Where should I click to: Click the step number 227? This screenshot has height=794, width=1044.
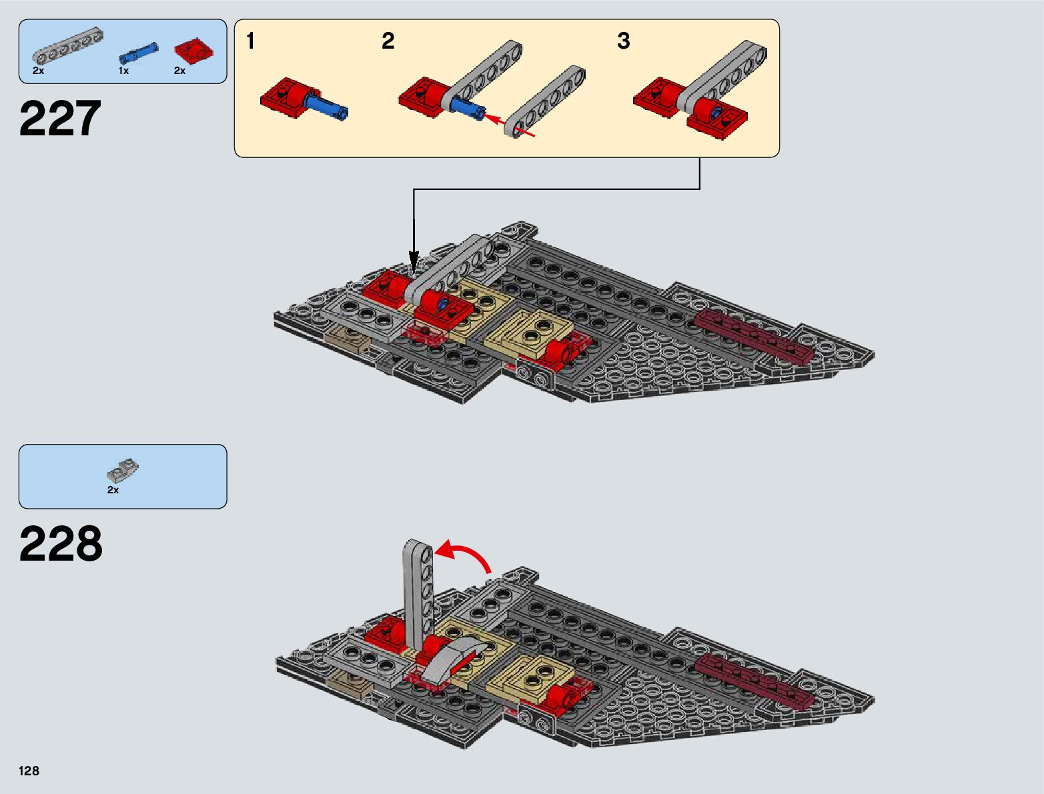click(60, 119)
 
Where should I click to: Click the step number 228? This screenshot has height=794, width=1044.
click(61, 545)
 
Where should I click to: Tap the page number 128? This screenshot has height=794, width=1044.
click(29, 771)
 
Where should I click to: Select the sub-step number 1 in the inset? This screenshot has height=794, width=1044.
click(250, 41)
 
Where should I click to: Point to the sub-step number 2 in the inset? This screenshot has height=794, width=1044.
click(388, 41)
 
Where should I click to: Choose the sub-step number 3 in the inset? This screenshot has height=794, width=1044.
click(623, 41)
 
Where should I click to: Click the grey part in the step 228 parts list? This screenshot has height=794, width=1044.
click(123, 471)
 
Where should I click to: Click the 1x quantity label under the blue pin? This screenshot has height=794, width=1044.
click(123, 71)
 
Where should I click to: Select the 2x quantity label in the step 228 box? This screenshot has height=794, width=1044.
click(113, 490)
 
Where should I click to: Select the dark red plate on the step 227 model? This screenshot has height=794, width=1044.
click(754, 337)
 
